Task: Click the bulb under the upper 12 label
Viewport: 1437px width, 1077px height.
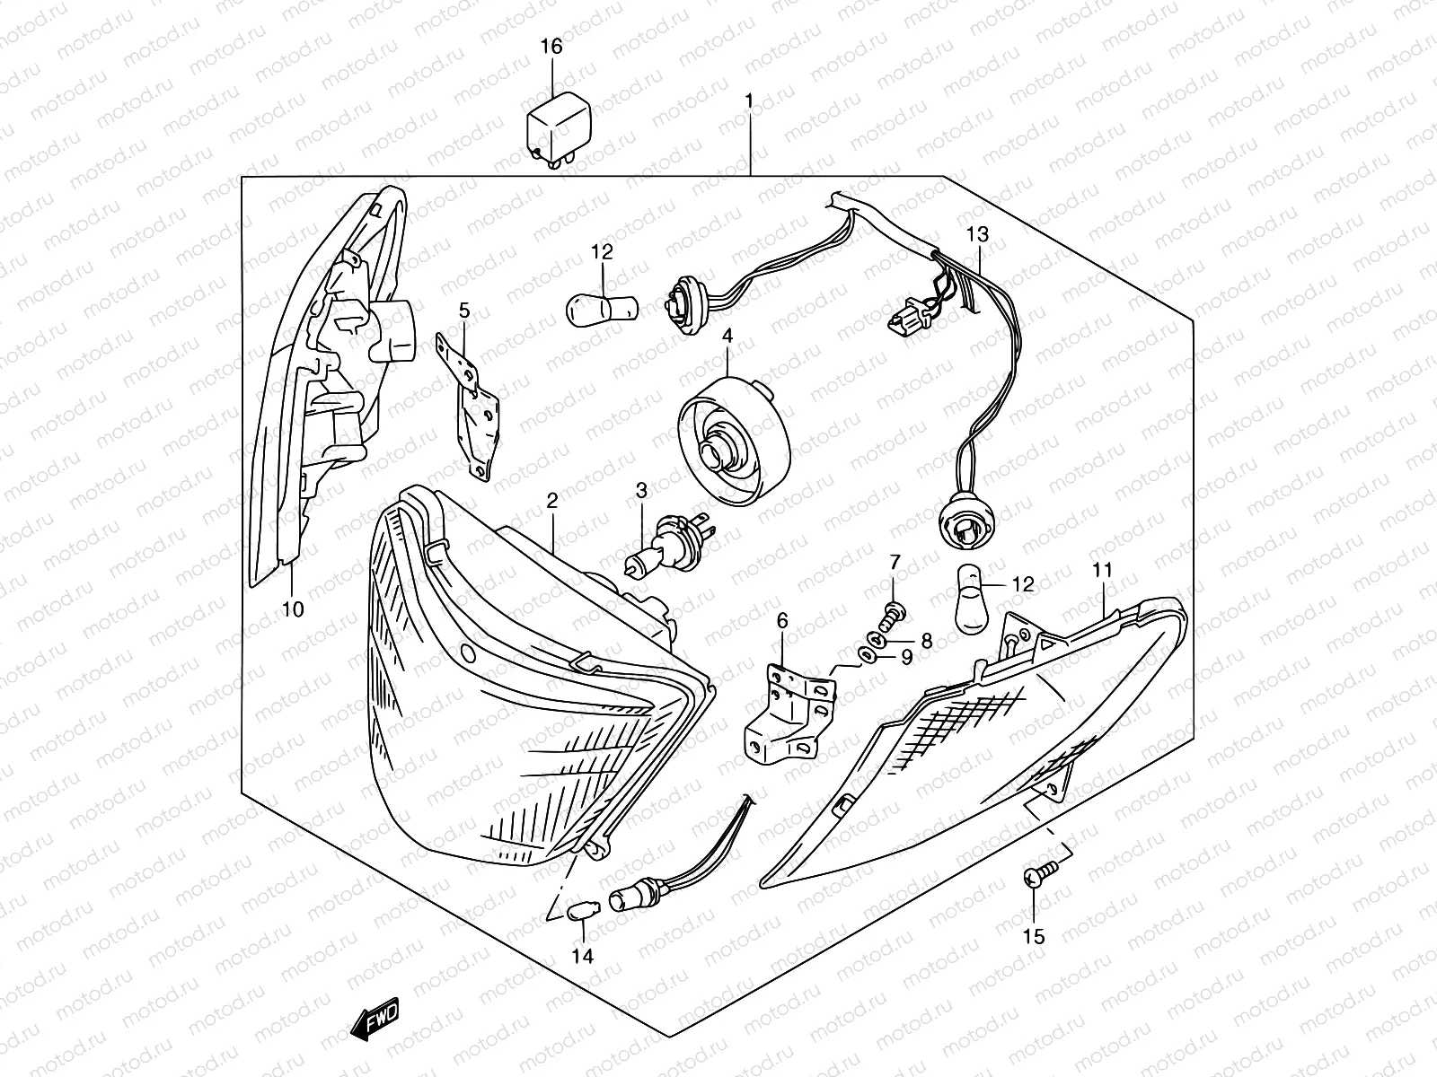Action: (x=600, y=309)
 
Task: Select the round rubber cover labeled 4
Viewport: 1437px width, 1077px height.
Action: (x=734, y=441)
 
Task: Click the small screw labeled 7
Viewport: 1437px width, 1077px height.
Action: (x=892, y=614)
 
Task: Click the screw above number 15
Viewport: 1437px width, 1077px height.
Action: (x=1036, y=878)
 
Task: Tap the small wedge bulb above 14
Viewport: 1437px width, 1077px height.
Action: (x=582, y=912)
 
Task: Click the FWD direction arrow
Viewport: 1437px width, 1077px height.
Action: (x=375, y=1021)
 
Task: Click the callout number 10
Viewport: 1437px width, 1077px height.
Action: (x=293, y=610)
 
